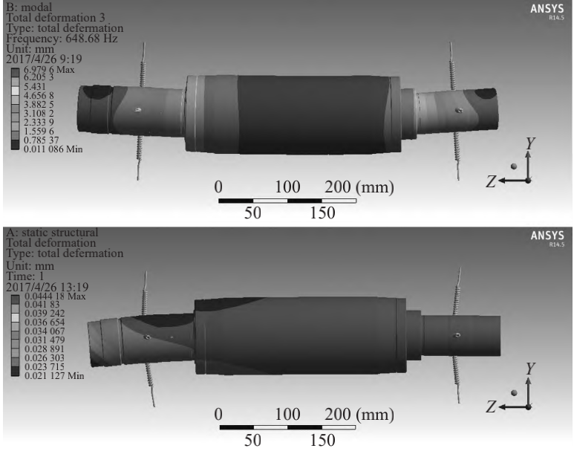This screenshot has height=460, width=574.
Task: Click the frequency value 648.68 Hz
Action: (91, 39)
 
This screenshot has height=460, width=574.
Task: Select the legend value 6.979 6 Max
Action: (49, 70)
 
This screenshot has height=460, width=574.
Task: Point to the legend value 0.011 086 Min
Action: (53, 149)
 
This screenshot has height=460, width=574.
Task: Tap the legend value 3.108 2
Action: (39, 114)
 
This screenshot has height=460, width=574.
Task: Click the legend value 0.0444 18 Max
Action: (55, 296)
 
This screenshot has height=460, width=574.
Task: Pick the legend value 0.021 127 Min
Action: (54, 376)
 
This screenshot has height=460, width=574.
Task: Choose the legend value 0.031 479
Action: (45, 340)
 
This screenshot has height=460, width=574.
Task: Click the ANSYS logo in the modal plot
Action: (547, 9)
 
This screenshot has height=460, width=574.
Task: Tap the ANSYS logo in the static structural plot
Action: (547, 236)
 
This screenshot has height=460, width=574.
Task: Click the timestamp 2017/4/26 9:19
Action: (44, 59)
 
